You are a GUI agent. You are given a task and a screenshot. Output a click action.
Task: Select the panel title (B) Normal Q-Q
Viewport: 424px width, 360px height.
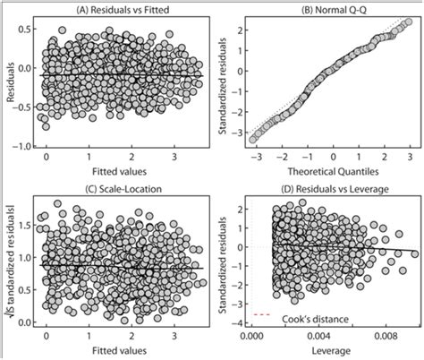(328, 8)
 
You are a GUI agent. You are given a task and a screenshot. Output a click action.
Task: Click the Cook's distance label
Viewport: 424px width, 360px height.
(310, 314)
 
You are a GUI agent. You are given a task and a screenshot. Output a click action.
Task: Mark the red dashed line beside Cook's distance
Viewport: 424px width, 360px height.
(262, 314)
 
